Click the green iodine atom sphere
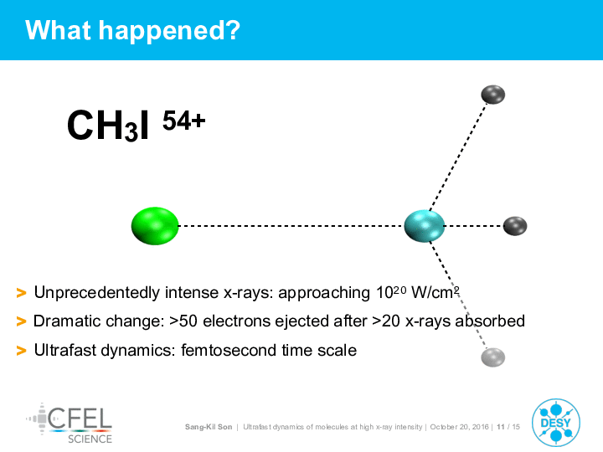click(155, 226)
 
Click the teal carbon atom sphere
click(425, 226)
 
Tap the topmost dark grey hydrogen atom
click(493, 95)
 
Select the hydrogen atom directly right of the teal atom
click(515, 226)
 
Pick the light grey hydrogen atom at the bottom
click(493, 357)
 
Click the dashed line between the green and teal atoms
click(291, 226)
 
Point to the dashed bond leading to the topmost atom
click(458, 157)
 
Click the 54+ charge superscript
click(183, 121)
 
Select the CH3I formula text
click(108, 126)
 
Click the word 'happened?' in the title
click(169, 31)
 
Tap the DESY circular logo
click(556, 423)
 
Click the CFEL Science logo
click(70, 424)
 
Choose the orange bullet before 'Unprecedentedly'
click(22, 293)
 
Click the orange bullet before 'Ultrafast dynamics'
click(22, 351)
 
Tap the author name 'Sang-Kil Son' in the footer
click(209, 427)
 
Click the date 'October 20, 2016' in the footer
click(459, 427)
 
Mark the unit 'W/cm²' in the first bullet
click(435, 292)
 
